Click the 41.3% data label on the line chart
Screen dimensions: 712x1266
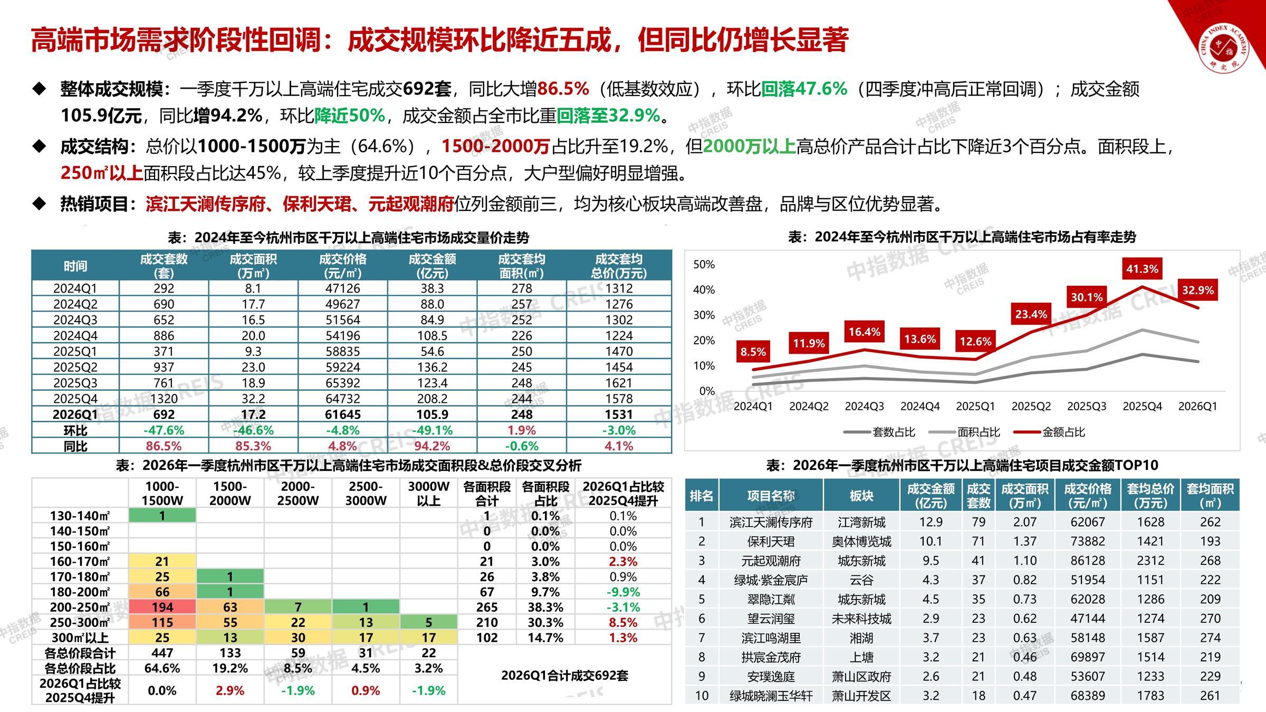pos(1142,269)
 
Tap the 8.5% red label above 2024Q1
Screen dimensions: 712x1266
pos(753,352)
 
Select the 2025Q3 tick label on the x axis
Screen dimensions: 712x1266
pos(1087,406)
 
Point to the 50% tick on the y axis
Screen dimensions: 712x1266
pos(704,264)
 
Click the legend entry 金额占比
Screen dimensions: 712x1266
pos(1063,432)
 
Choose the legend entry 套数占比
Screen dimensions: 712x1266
pos(893,432)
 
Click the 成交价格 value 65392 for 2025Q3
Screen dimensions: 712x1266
pos(343,383)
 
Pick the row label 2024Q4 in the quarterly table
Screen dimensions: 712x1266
pos(75,335)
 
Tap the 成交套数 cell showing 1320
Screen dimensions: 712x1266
pos(164,399)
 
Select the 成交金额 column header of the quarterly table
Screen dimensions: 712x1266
pos(432,266)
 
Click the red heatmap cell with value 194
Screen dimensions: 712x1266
pos(162,607)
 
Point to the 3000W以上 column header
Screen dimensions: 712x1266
pos(428,493)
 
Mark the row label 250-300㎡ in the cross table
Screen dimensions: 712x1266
pos(80,622)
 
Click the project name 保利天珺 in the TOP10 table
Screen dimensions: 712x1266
pos(771,541)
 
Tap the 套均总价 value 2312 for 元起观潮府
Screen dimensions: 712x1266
pos(1150,561)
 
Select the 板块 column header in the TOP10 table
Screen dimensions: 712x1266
pos(861,496)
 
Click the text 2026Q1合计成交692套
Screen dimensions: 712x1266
pos(564,676)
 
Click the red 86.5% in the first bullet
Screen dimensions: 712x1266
pos(563,89)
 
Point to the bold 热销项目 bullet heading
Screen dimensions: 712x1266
pos(99,204)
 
